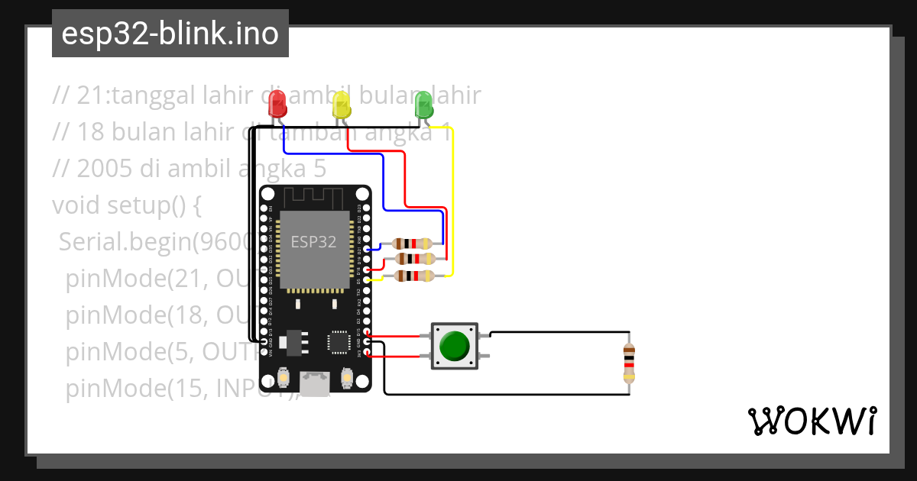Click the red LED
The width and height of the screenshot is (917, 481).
[x=277, y=103]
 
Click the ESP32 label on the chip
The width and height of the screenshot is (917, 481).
[x=313, y=242]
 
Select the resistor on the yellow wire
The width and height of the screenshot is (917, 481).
[x=413, y=276]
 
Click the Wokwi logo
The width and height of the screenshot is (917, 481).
[x=811, y=421]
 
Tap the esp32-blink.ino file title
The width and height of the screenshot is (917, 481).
[x=170, y=34]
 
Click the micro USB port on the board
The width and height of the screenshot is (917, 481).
[x=314, y=384]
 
